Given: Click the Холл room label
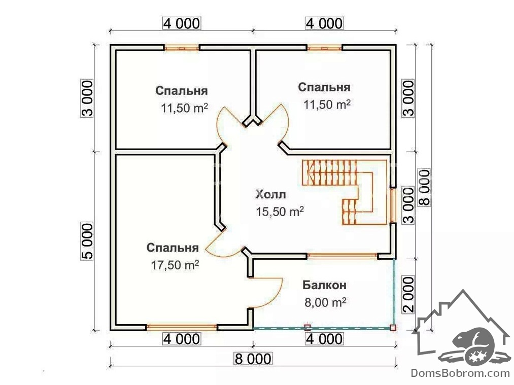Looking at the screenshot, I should click(271, 194).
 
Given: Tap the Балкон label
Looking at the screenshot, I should click(325, 285).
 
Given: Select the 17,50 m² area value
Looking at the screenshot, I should click(175, 264).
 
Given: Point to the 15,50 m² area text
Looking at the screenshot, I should click(280, 212).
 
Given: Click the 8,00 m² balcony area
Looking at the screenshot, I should click(325, 303).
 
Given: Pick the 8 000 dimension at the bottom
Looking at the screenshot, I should click(253, 359).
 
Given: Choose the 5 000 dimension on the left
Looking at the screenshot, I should click(87, 241).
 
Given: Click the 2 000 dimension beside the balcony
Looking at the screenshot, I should click(409, 295).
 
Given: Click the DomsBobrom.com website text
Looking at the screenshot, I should click(460, 373).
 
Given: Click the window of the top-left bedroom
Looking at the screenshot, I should click(181, 48).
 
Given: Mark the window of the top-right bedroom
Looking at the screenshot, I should click(324, 48).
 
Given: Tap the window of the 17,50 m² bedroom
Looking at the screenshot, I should click(181, 327).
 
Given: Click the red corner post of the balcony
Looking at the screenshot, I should click(393, 327).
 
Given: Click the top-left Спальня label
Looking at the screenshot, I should click(181, 91).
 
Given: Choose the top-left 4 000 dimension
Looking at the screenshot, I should click(181, 23).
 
